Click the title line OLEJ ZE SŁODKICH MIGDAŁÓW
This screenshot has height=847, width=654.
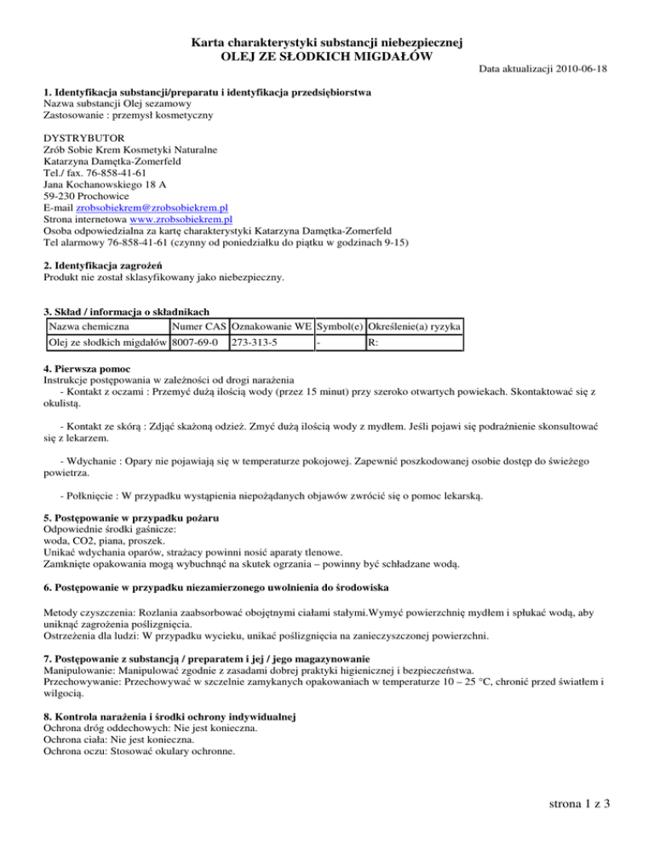327,55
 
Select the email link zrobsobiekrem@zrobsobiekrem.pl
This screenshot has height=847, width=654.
152,206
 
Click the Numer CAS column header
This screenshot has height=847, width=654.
198,326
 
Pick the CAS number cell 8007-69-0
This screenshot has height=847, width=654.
193,343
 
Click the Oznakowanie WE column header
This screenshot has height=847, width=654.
271,326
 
